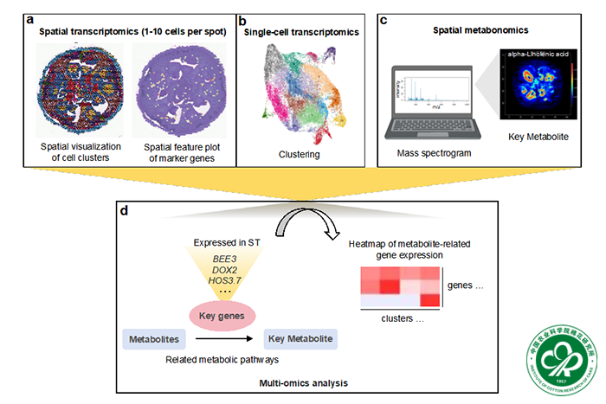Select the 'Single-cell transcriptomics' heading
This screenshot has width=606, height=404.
[x=298, y=31]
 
